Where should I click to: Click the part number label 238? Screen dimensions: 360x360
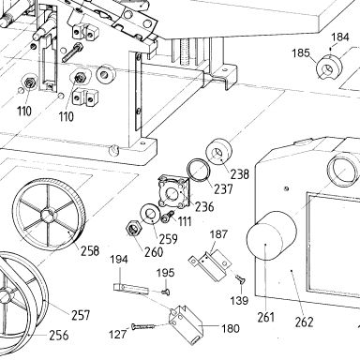(x=240, y=173)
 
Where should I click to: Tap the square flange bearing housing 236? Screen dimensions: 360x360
(x=174, y=191)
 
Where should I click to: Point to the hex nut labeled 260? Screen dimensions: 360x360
(x=134, y=229)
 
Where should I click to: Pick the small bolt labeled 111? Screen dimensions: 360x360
(x=167, y=217)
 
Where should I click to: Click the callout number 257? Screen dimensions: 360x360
(x=81, y=315)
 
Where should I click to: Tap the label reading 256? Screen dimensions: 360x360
(x=59, y=336)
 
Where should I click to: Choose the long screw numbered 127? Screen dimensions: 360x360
(x=143, y=327)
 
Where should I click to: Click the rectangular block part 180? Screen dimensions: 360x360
(x=185, y=324)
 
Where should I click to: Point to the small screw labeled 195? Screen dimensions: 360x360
(x=166, y=292)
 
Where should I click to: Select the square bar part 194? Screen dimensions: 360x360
(x=130, y=289)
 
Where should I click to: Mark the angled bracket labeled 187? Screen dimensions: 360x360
(x=210, y=263)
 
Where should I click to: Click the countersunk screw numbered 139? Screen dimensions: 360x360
(x=240, y=279)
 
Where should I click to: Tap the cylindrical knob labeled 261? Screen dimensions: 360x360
(x=271, y=235)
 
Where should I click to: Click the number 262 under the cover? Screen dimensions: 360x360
(x=305, y=322)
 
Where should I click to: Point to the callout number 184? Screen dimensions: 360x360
(x=340, y=37)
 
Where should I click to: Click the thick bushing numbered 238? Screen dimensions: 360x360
(x=218, y=152)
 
